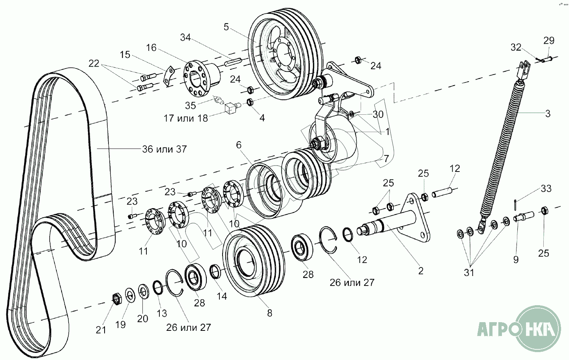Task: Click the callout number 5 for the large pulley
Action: click(x=226, y=27)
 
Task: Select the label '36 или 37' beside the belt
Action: click(x=165, y=149)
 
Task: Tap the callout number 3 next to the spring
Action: click(x=548, y=114)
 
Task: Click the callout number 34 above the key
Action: click(x=185, y=37)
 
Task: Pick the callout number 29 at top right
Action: click(x=549, y=40)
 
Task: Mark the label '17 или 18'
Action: click(x=186, y=118)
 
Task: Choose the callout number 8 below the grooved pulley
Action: click(x=270, y=313)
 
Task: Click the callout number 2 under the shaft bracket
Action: click(x=421, y=271)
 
